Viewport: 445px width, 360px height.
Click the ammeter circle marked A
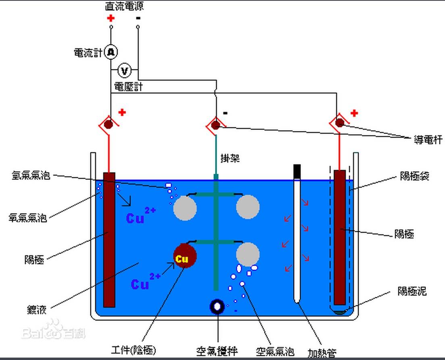(x=111, y=52)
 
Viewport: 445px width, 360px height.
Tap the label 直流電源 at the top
(x=124, y=6)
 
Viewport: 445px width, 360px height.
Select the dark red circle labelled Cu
(x=185, y=256)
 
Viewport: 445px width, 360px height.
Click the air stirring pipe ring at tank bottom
(x=217, y=306)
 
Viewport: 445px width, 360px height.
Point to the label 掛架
(x=230, y=158)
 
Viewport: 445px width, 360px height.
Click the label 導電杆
(x=428, y=140)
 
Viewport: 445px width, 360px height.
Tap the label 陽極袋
(x=415, y=176)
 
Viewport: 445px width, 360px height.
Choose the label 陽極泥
(x=412, y=291)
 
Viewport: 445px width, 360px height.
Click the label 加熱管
(x=322, y=353)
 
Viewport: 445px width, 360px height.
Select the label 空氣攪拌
(x=217, y=351)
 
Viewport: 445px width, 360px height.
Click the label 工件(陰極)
(x=133, y=350)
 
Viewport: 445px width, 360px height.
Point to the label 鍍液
(x=37, y=310)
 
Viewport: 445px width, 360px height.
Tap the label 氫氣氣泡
(x=31, y=175)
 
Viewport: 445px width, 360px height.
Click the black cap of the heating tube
(x=297, y=172)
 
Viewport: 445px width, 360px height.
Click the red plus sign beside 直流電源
(x=111, y=19)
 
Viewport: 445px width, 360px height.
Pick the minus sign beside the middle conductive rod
(x=225, y=113)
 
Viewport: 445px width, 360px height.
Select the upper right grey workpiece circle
(x=248, y=207)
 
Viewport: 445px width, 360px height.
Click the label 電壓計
(x=129, y=87)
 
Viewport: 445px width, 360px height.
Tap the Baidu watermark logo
(x=53, y=330)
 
